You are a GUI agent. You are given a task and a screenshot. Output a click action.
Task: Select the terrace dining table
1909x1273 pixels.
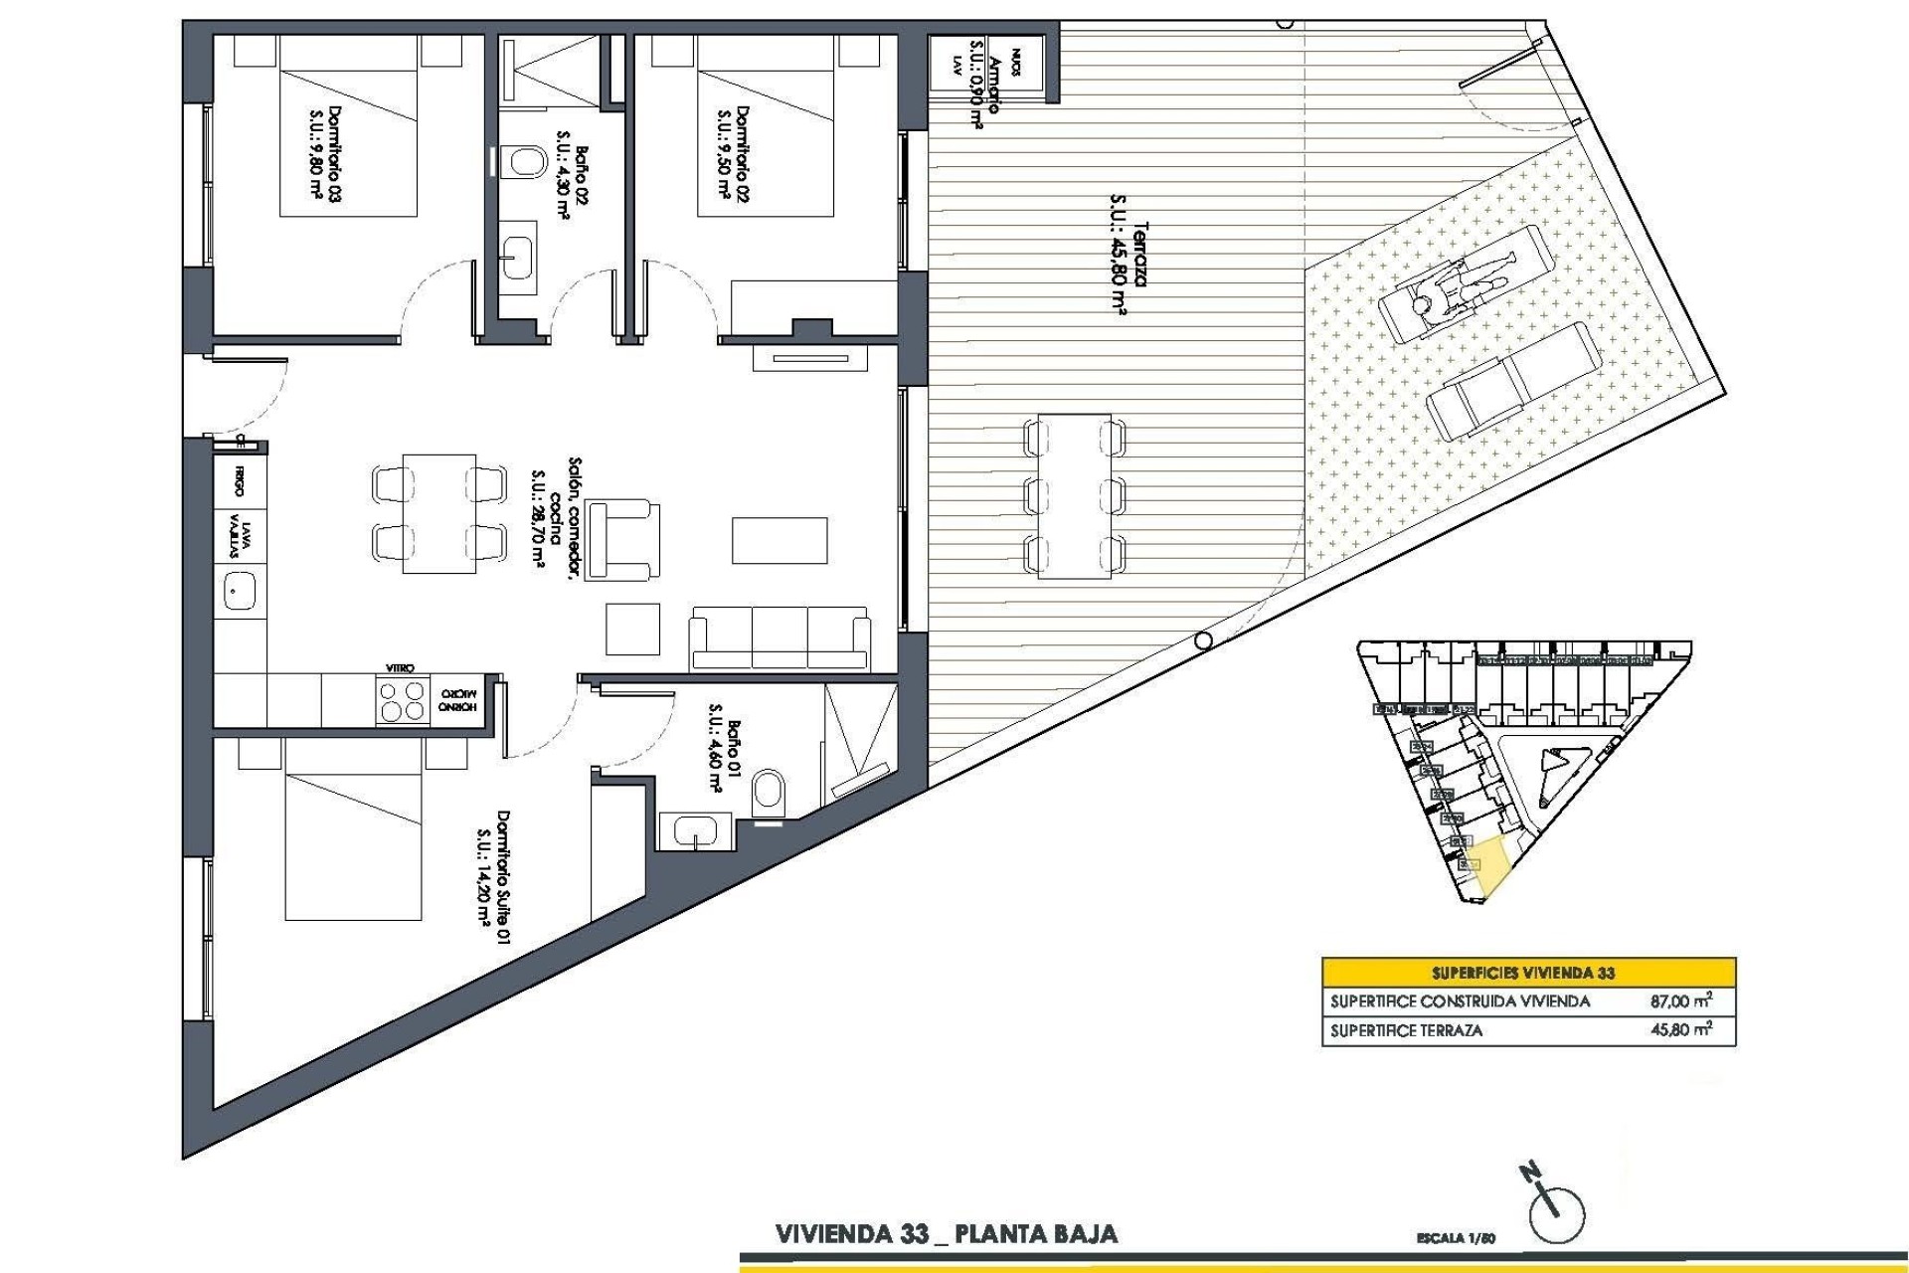1074,495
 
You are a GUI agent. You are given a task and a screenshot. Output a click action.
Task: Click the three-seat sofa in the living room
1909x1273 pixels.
781,636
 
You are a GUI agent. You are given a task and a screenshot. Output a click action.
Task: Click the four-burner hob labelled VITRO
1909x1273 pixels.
401,702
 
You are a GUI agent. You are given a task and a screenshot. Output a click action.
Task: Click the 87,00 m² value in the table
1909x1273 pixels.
1680,1001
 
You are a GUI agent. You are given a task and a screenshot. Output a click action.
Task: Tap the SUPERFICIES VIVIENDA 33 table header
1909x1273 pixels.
1528,972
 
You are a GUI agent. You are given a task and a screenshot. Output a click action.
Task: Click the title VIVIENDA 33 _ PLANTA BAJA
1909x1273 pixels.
946,1235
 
